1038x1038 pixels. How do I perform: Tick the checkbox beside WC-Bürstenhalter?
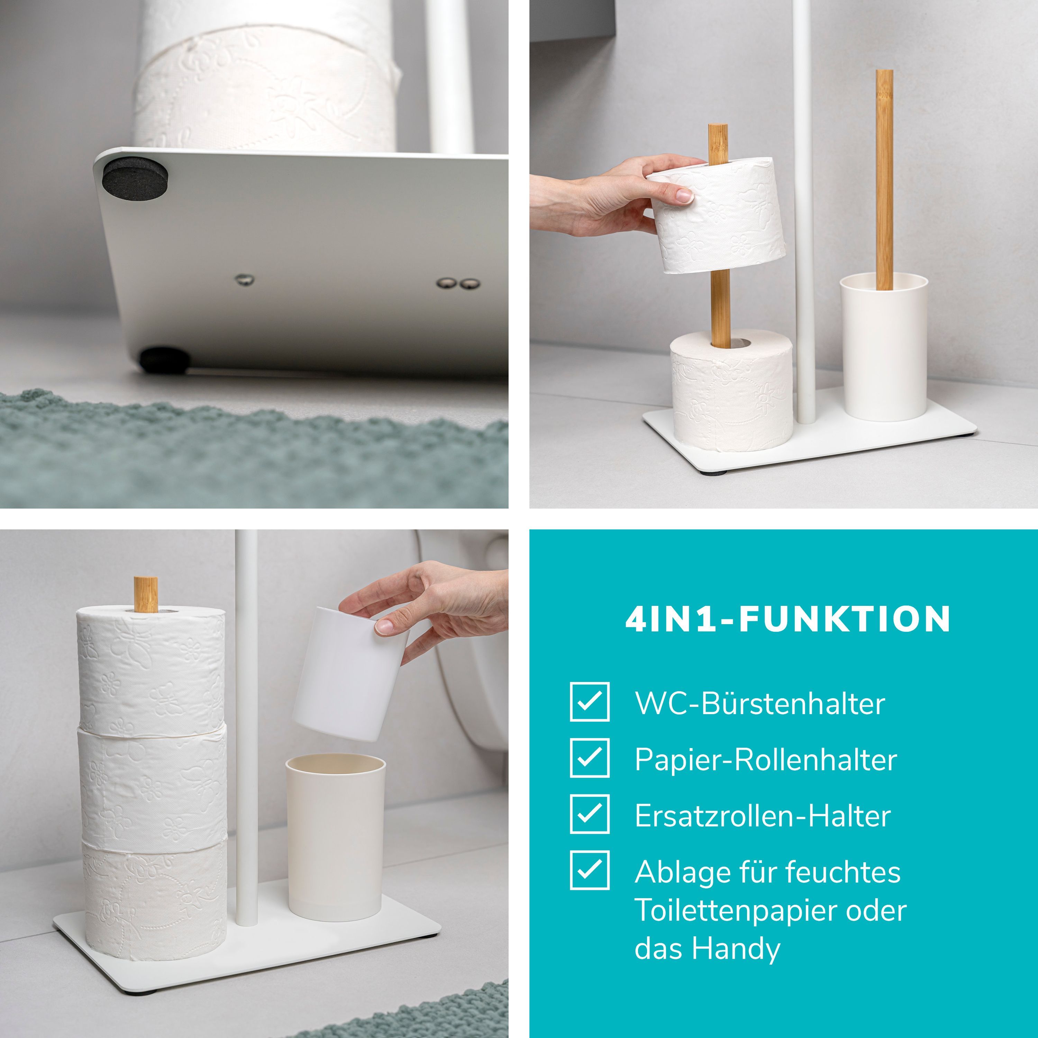pyautogui.click(x=589, y=702)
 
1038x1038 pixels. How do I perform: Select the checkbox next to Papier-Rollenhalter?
pyautogui.click(x=589, y=757)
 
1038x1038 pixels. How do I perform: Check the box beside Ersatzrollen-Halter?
pyautogui.click(x=589, y=813)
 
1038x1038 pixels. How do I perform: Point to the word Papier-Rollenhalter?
pyautogui.click(x=766, y=760)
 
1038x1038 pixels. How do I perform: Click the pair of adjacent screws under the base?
pyautogui.click(x=458, y=283)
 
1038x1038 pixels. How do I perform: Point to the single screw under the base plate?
pyautogui.click(x=245, y=279)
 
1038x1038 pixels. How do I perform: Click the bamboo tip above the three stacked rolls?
pyautogui.click(x=146, y=594)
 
